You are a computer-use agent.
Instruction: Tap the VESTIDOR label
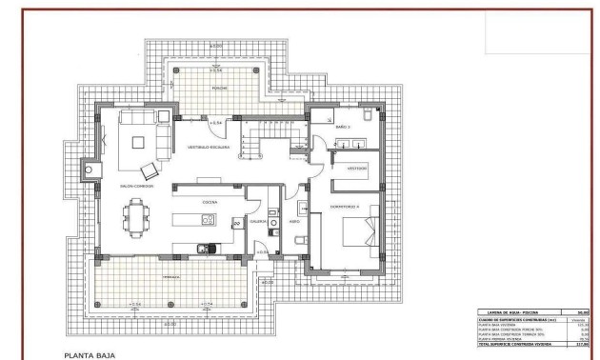[357, 168]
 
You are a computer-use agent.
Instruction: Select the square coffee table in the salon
[139, 144]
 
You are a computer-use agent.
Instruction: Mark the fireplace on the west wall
[91, 170]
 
